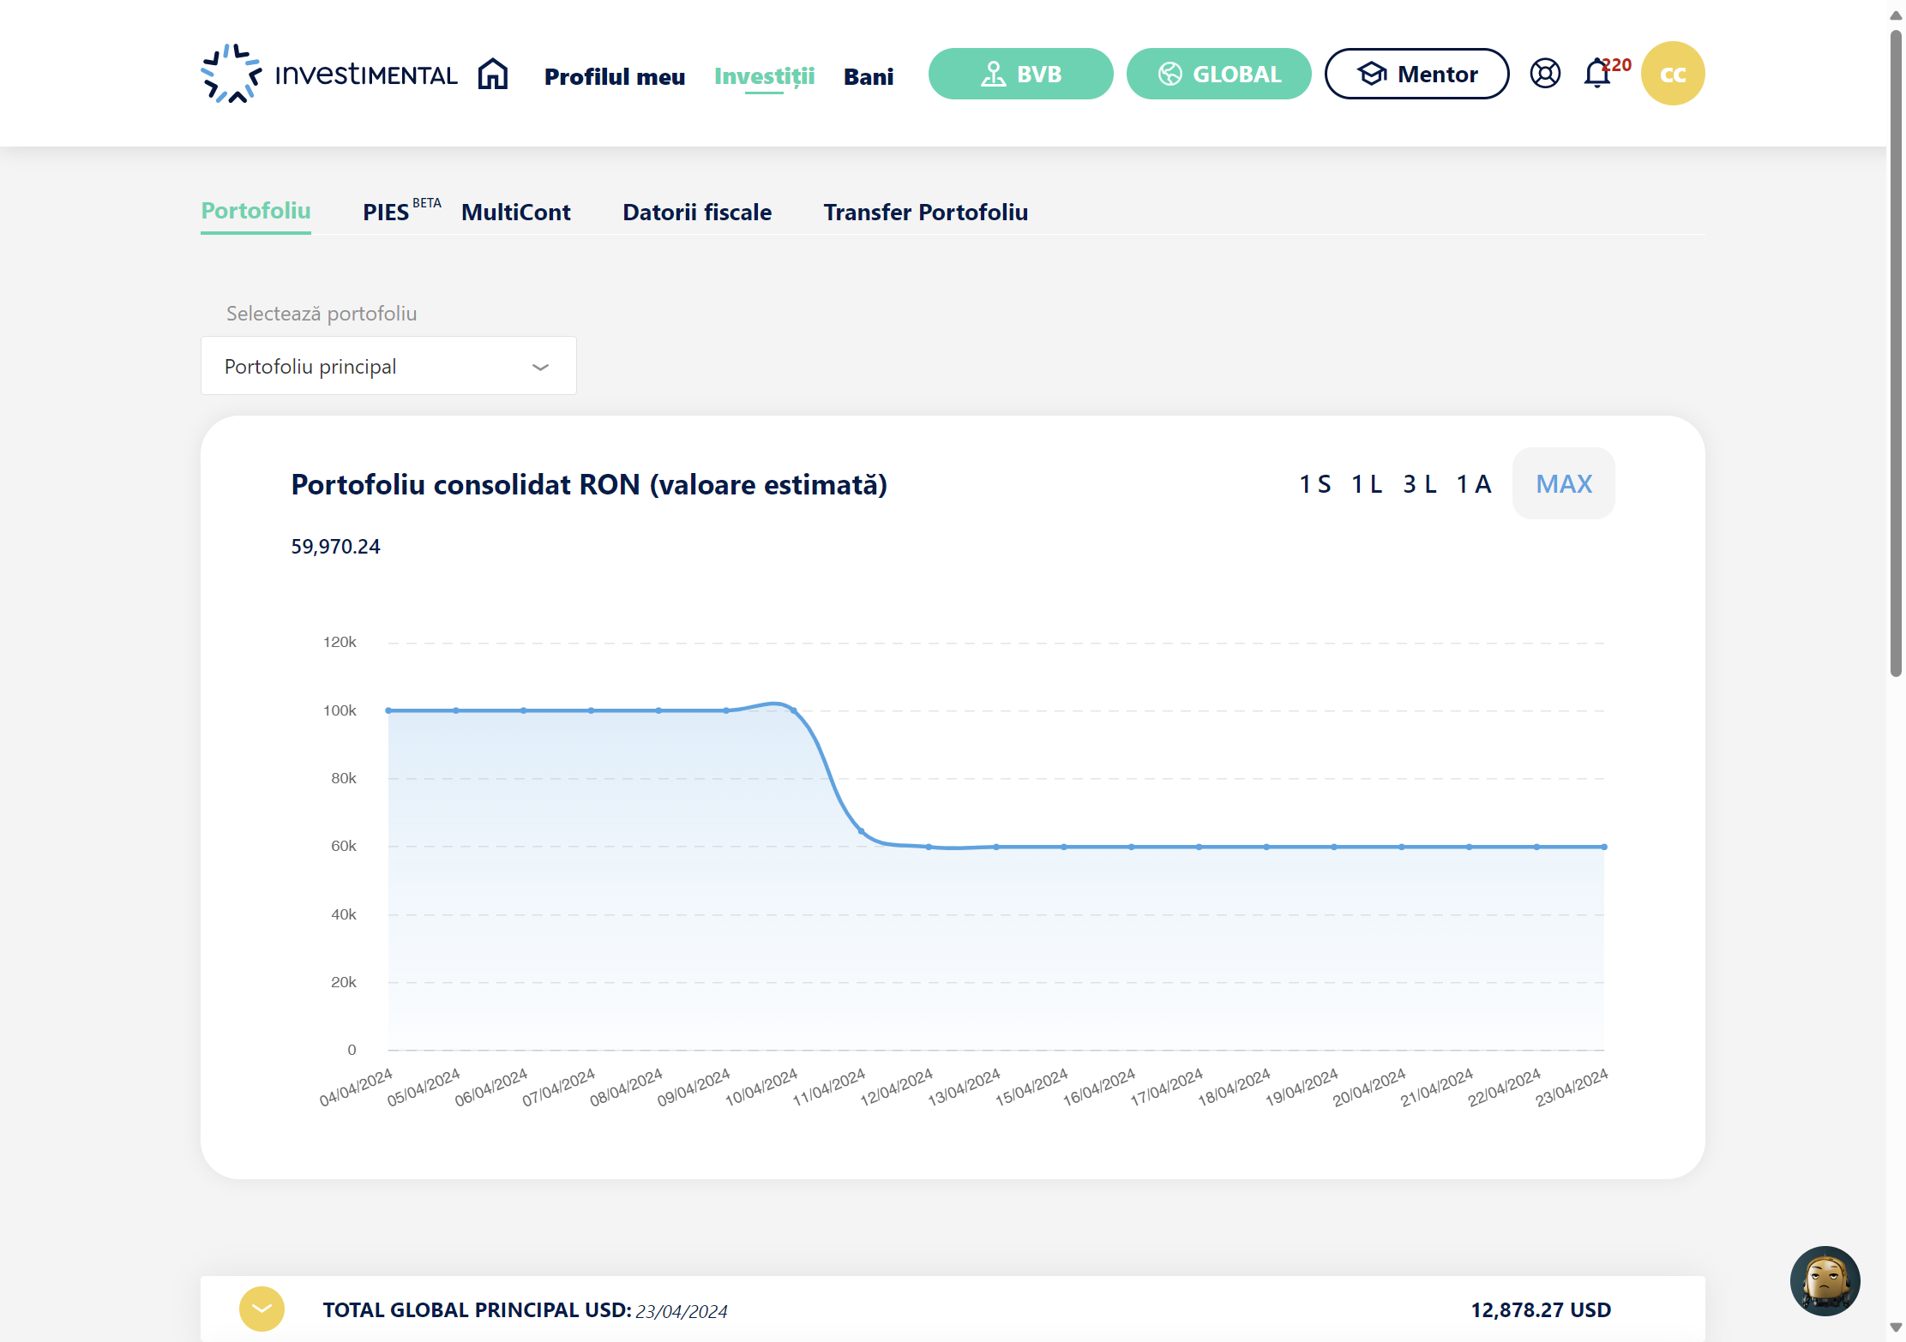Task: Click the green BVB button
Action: point(1020,74)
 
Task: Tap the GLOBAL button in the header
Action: point(1218,74)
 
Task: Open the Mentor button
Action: point(1416,74)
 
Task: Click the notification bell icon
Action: point(1596,74)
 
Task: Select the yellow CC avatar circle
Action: point(1673,74)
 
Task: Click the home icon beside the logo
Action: point(493,74)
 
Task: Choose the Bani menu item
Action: point(869,76)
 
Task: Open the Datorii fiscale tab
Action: point(697,212)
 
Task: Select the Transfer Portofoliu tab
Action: point(926,212)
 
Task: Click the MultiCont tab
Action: point(516,212)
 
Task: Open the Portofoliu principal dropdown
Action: point(388,366)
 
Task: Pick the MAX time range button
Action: point(1564,483)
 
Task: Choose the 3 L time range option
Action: point(1420,483)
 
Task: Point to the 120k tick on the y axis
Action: point(340,642)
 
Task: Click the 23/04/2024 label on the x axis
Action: point(1572,1087)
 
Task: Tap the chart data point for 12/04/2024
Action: point(929,847)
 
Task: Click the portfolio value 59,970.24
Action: point(335,547)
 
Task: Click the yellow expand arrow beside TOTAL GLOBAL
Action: point(262,1309)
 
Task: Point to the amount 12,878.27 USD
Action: point(1541,1309)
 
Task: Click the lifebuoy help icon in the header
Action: point(1545,74)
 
